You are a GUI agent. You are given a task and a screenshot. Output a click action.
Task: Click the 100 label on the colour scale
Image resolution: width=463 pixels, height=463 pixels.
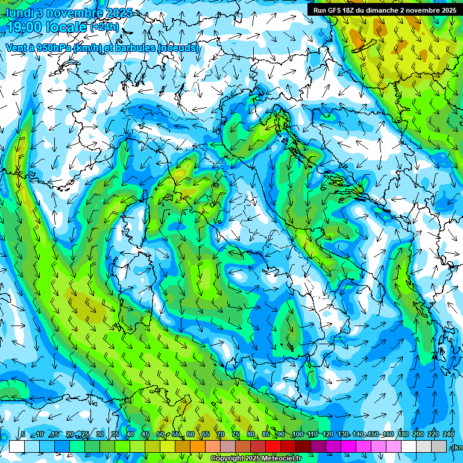point(297,435)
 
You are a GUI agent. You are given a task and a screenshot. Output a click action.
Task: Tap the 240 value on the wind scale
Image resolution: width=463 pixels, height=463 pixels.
point(449,435)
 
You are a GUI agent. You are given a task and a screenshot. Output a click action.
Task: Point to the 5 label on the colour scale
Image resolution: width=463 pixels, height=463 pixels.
point(23,435)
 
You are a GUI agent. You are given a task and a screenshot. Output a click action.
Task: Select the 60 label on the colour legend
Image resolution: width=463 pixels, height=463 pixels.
point(191,435)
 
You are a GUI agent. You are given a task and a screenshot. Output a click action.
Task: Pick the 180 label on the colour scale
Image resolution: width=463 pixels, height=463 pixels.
point(403,435)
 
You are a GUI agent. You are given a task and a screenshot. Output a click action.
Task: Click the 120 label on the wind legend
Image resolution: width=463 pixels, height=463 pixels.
point(327,435)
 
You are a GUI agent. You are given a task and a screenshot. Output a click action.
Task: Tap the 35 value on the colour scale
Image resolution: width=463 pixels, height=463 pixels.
point(115,435)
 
